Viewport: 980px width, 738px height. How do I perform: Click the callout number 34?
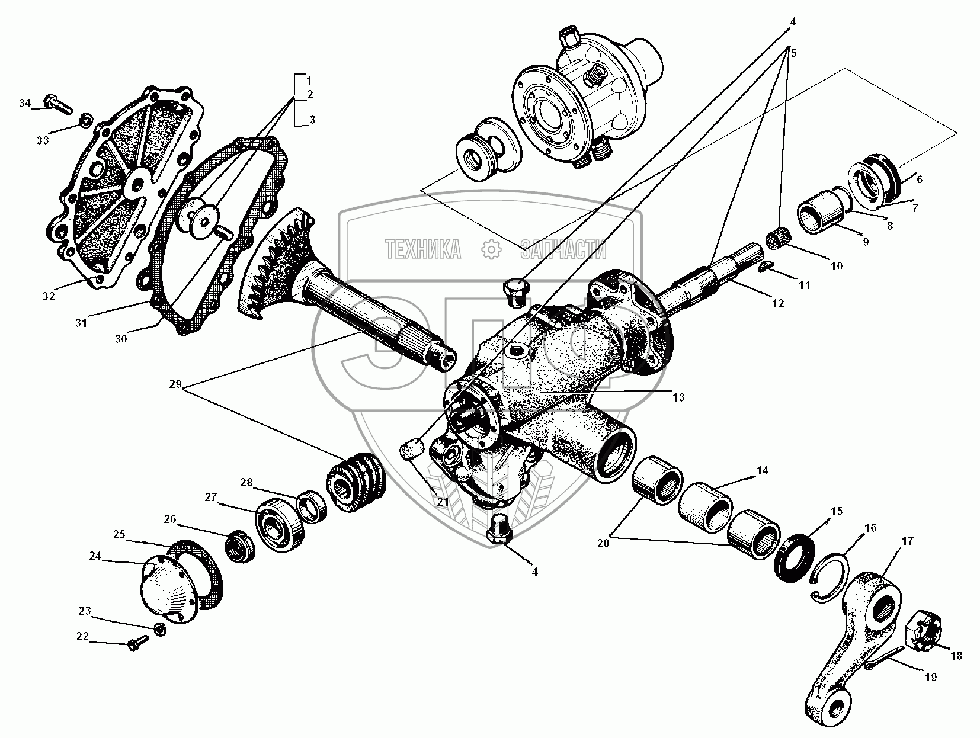point(24,104)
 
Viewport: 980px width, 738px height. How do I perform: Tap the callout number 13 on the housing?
point(678,397)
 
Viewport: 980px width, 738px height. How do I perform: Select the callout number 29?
point(174,384)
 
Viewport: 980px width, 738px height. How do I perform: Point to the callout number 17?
point(907,541)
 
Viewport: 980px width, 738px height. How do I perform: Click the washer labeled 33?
point(86,121)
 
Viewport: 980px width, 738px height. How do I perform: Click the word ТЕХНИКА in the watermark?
point(423,250)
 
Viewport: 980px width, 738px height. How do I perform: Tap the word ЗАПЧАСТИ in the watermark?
point(563,250)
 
